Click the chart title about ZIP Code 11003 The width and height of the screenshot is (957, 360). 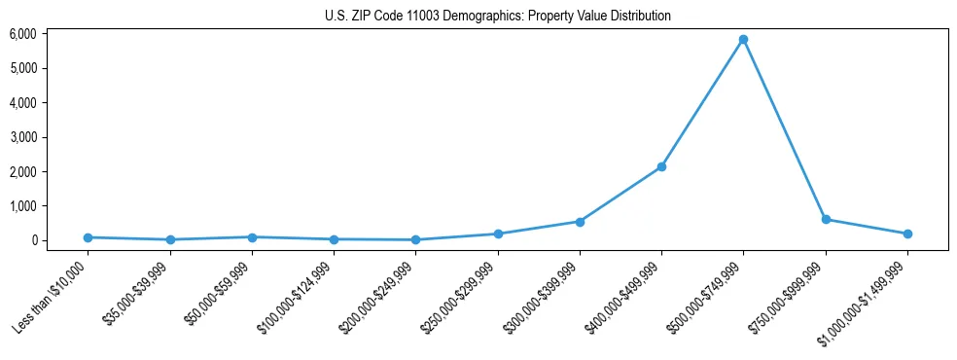497,16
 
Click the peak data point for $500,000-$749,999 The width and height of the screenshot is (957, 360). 743,40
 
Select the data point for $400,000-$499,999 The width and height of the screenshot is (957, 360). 661,167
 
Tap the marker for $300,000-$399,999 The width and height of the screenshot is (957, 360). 580,222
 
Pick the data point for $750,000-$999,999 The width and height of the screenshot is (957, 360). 826,220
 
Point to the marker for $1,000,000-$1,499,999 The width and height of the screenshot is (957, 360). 907,234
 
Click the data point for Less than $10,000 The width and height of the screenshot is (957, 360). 89,237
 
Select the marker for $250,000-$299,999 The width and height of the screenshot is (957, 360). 498,234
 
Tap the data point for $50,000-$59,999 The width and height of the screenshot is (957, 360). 252,237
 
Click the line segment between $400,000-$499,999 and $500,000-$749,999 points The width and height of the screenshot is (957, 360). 702,103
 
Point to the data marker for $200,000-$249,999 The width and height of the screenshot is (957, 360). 415,239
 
